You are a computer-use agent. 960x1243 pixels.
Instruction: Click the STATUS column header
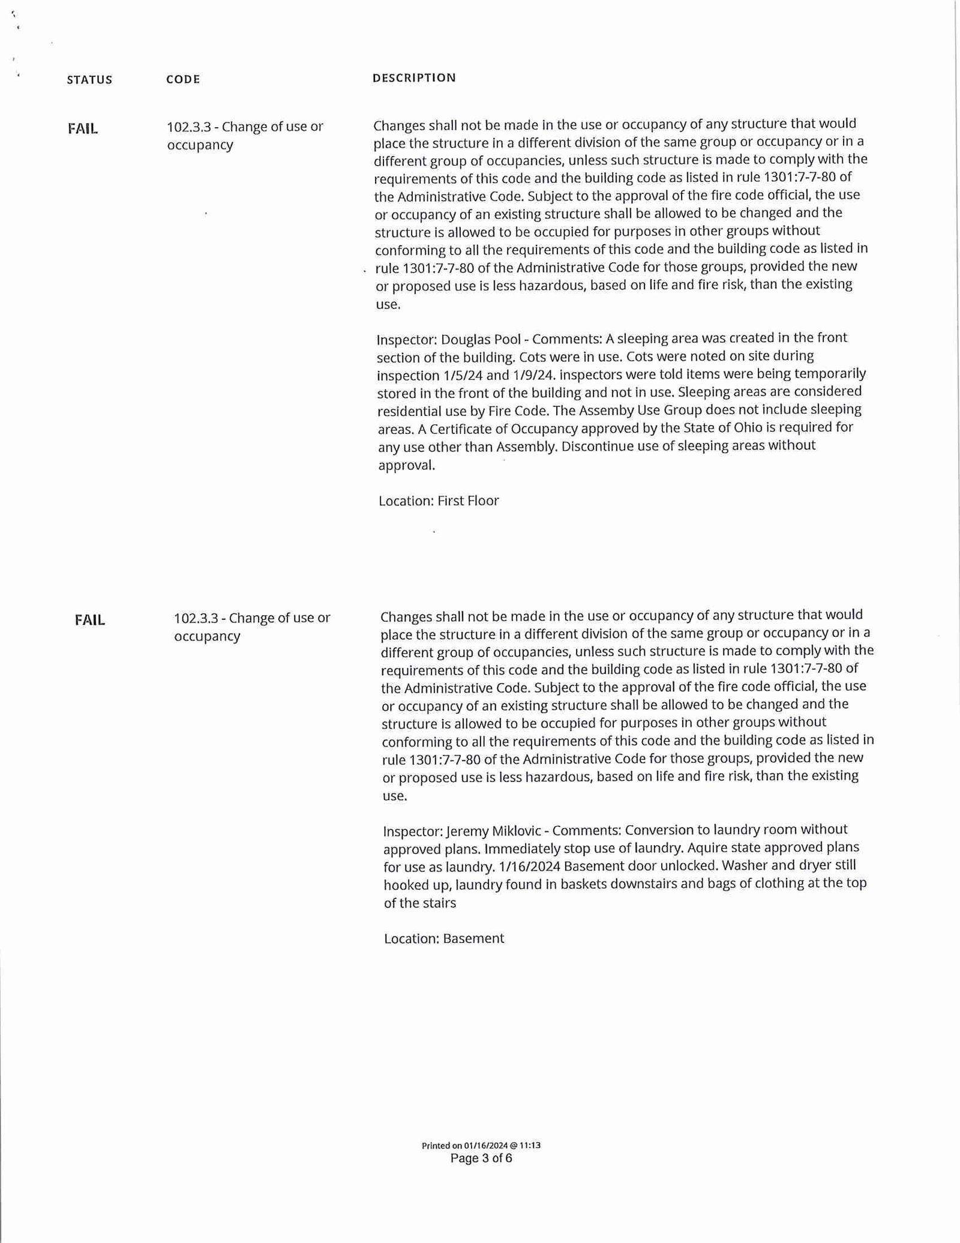(x=89, y=80)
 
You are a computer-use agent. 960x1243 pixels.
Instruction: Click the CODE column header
(x=183, y=79)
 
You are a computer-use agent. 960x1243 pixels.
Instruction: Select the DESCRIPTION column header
(x=414, y=77)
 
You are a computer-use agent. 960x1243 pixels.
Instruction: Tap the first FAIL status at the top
(x=83, y=128)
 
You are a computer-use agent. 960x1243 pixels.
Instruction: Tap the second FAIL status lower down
(x=90, y=620)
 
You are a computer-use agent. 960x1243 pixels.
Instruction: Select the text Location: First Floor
(x=439, y=501)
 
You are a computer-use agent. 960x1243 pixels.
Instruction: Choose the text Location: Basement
(x=444, y=938)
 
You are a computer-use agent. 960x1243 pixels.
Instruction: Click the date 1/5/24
(x=466, y=375)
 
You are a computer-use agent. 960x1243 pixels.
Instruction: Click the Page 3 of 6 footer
(x=481, y=1158)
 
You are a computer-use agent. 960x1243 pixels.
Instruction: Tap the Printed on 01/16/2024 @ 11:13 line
(x=481, y=1145)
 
